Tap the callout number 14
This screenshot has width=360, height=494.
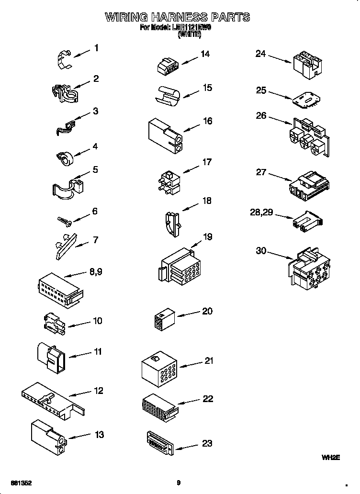coord(205,54)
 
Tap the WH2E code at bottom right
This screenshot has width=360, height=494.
coord(330,458)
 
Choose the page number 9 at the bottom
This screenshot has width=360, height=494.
coord(179,483)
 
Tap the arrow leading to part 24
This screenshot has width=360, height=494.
coord(279,59)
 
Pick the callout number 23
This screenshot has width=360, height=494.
coord(206,443)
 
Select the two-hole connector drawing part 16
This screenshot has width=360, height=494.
coord(164,135)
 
